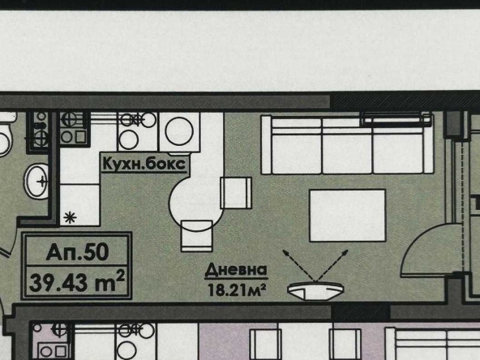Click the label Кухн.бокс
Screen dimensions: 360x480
(144, 163)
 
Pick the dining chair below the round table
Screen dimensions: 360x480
(197, 237)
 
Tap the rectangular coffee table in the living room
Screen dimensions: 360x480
(347, 214)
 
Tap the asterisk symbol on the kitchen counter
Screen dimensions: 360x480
(70, 216)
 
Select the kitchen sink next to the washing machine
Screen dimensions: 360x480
(132, 129)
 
